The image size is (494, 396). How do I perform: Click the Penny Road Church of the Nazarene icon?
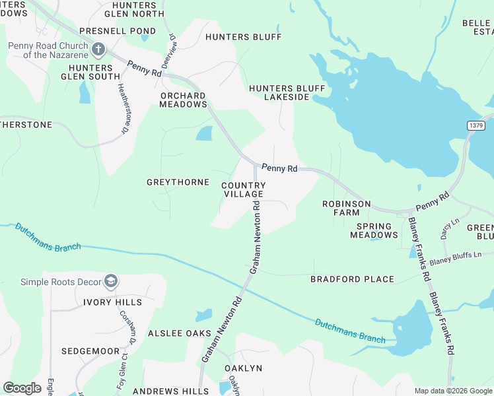(x=98, y=49)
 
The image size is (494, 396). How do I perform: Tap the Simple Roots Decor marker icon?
(x=111, y=282)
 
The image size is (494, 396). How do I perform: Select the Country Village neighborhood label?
(x=243, y=190)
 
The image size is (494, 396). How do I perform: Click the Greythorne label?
(x=178, y=182)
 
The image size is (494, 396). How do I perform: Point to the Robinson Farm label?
(x=346, y=209)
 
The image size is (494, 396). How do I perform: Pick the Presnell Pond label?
(x=118, y=31)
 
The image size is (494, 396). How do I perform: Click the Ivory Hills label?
(x=112, y=302)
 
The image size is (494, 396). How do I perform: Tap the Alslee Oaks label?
(x=179, y=333)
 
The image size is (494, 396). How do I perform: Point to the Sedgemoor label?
(x=90, y=350)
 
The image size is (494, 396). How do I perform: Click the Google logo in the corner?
(x=22, y=388)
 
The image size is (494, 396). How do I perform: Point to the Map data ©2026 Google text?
(x=453, y=391)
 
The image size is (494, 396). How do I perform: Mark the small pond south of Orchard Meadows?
(x=204, y=133)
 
